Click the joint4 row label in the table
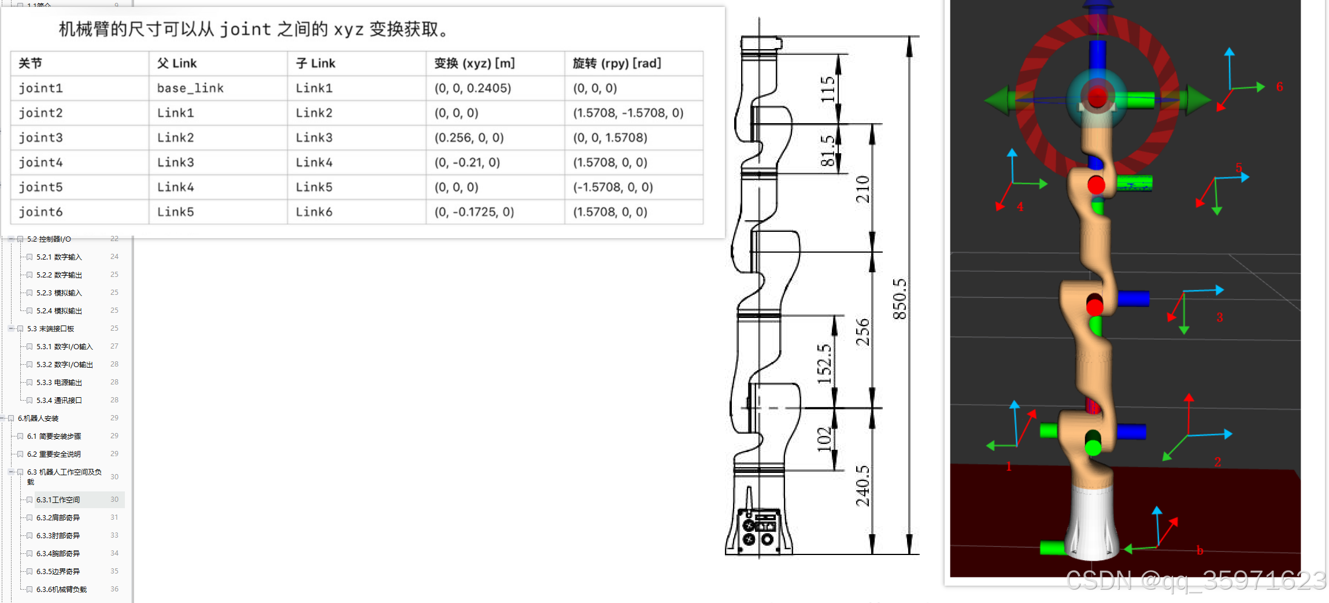coord(40,162)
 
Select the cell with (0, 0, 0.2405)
coord(472,88)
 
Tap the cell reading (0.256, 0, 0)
coord(469,138)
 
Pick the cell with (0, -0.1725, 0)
coord(474,212)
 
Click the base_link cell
coord(190,88)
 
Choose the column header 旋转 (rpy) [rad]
coord(616,63)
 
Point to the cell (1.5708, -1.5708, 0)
coord(628,113)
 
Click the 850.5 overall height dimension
coord(899,299)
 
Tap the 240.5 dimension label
coord(862,486)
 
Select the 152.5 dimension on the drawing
coord(824,364)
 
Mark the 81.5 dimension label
coord(828,151)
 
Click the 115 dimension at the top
coord(828,89)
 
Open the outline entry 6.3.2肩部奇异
coord(58,517)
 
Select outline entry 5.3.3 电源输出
coord(59,382)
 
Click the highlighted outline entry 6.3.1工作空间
coord(58,500)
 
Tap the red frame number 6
coord(1279,87)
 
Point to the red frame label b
coord(1200,550)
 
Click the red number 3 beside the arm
coord(1219,317)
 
